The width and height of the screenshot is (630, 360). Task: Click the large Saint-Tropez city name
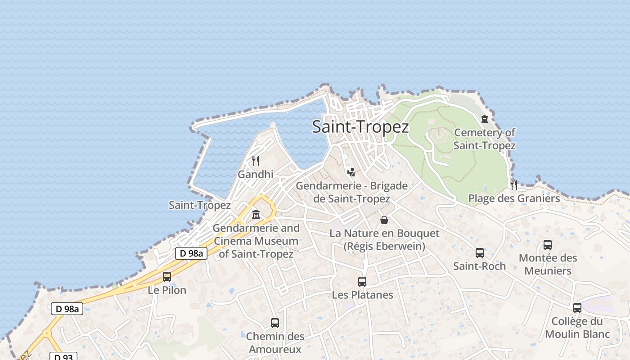pos(360,127)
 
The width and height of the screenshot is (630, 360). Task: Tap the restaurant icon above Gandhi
pos(256,161)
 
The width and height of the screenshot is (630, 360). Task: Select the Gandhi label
pos(256,174)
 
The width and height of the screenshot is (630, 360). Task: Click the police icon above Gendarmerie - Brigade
pos(351,172)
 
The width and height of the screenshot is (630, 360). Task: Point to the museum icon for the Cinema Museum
pos(256,214)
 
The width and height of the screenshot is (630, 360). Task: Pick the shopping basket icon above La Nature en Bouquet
pos(384,220)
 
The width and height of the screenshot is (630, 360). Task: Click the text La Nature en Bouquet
pos(384,233)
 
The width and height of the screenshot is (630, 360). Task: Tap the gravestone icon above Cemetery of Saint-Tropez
pos(485,119)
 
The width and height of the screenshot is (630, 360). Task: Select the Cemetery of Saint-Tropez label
pos(484,139)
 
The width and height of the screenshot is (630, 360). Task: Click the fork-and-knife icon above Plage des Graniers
pos(514,184)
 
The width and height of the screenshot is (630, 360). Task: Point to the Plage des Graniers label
pos(514,198)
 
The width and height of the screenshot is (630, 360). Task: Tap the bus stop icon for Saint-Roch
pos(480,253)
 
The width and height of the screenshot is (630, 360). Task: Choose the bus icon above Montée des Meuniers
pos(548,245)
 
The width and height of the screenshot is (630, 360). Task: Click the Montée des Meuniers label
pos(548,264)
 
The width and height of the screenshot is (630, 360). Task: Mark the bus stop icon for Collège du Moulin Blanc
pos(577,308)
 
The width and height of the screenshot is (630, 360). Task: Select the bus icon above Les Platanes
pos(362,282)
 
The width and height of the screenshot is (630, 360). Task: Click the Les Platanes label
pos(362,295)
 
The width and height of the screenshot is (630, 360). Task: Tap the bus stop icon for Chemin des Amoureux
pos(275,323)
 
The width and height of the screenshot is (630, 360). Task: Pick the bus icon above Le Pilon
pos(167,277)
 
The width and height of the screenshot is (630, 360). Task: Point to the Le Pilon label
pos(167,290)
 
